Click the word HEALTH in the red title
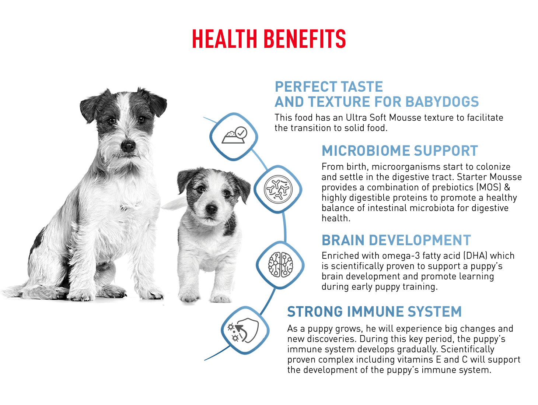[224, 39]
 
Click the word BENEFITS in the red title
[305, 39]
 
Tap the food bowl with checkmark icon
[234, 135]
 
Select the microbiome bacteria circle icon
[278, 189]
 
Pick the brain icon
[280, 265]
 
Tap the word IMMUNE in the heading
[376, 312]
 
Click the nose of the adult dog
[128, 147]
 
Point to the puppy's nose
[211, 209]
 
